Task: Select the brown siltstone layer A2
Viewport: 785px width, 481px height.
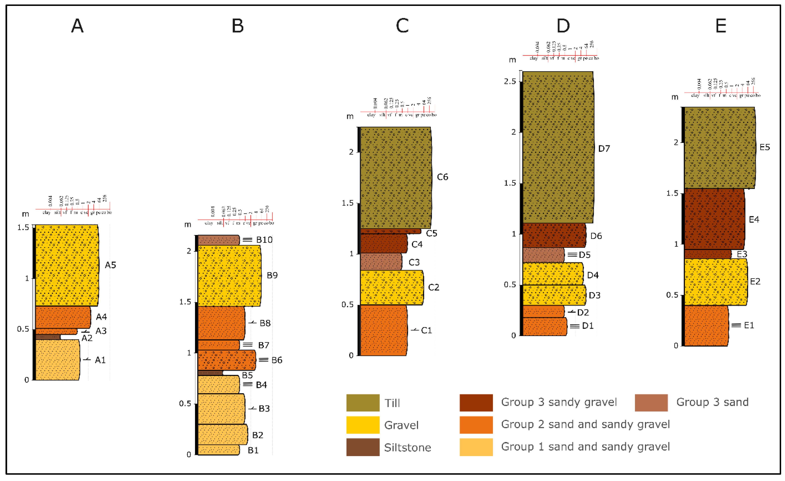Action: pyautogui.click(x=47, y=337)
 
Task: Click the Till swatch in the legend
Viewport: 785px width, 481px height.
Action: pyautogui.click(x=363, y=403)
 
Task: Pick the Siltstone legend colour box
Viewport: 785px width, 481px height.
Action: pyautogui.click(x=363, y=447)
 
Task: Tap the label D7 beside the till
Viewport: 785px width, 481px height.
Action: pyautogui.click(x=604, y=148)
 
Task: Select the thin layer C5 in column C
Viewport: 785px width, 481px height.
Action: pyautogui.click(x=390, y=231)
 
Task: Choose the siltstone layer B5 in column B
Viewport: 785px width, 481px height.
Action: pyautogui.click(x=210, y=373)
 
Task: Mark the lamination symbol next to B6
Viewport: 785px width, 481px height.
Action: pyautogui.click(x=263, y=360)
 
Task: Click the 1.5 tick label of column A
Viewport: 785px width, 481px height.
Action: pyautogui.click(x=23, y=227)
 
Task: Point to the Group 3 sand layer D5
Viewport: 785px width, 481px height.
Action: pyautogui.click(x=543, y=255)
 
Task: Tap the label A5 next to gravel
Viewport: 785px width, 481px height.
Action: pyautogui.click(x=110, y=265)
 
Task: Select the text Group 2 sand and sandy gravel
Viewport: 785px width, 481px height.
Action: pyautogui.click(x=585, y=424)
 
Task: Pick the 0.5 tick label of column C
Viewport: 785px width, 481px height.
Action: pyautogui.click(x=347, y=304)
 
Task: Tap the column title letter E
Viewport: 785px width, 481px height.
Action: pyautogui.click(x=721, y=26)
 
